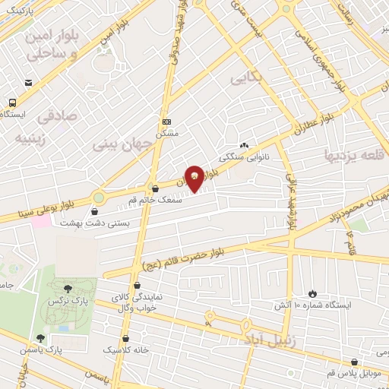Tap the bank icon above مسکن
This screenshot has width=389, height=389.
[167, 122]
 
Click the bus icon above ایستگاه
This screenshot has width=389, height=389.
[13, 103]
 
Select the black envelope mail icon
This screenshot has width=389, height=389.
[28, 82]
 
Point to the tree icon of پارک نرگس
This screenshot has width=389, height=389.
[68, 288]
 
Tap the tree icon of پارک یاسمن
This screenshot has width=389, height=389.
[40, 339]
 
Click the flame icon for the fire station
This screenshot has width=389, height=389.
[312, 293]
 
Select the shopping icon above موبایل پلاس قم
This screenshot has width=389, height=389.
[355, 363]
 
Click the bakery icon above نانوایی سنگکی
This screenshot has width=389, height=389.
[243, 146]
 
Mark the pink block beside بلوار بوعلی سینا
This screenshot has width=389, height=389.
[42, 221]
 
